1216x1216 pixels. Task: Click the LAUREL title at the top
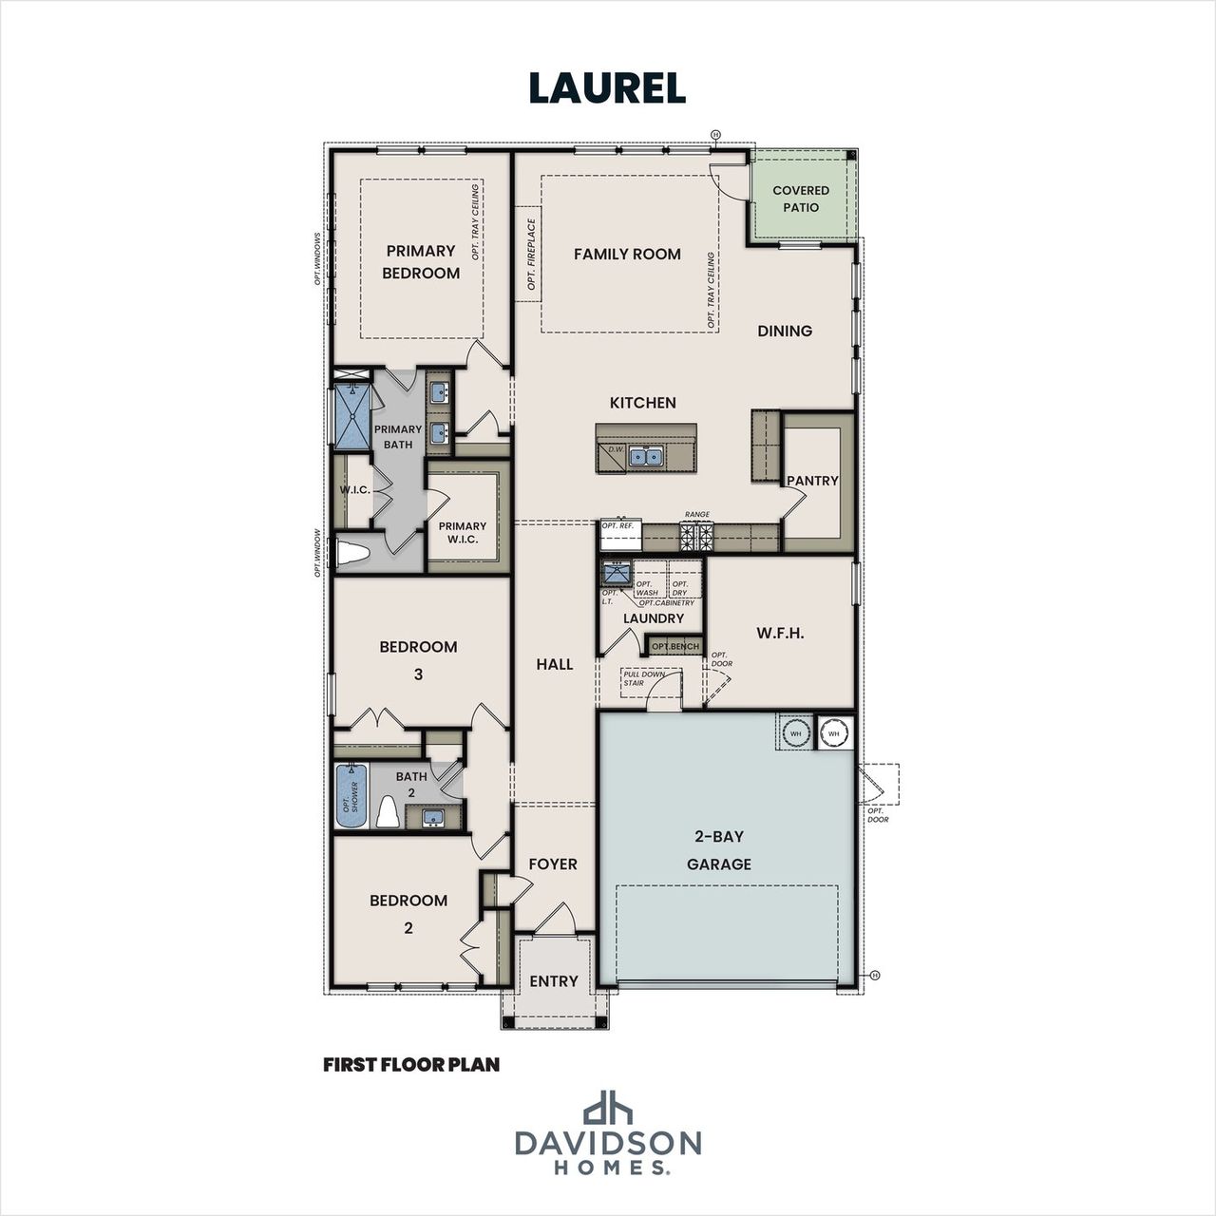(607, 88)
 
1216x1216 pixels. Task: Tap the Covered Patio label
(800, 199)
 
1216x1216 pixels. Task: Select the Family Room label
(627, 254)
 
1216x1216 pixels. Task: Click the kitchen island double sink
(646, 457)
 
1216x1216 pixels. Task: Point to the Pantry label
(812, 481)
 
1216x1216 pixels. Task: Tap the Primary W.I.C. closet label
(463, 532)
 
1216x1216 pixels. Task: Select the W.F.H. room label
(780, 633)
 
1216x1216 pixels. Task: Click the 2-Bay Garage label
(719, 850)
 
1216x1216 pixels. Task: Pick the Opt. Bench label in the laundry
(674, 647)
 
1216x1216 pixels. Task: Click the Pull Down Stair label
(643, 678)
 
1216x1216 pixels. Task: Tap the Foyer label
(553, 864)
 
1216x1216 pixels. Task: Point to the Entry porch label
(553, 981)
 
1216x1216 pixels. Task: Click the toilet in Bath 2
(388, 813)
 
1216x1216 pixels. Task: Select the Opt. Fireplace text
(531, 254)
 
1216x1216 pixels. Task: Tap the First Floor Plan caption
(411, 1065)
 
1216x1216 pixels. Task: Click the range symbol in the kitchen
(697, 537)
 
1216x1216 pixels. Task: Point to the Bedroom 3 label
(418, 659)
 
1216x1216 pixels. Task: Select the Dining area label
(785, 331)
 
